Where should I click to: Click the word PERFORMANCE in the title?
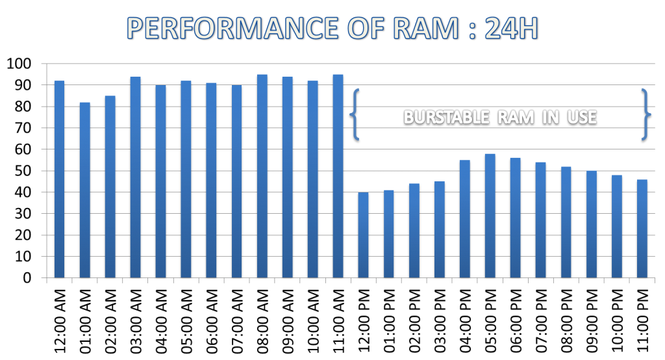[226, 29]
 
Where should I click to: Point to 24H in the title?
[511, 29]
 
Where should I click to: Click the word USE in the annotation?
[580, 118]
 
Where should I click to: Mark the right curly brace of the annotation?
[645, 114]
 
